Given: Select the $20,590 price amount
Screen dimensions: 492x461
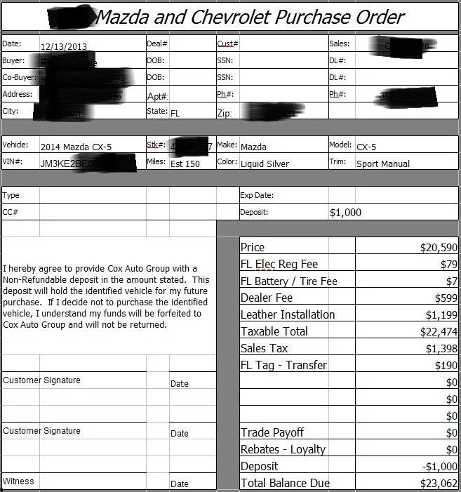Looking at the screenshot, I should pyautogui.click(x=439, y=248).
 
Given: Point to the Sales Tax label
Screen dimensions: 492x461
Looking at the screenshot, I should pyautogui.click(x=265, y=349).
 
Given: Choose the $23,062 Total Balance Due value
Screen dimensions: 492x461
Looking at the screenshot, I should pyautogui.click(x=439, y=484).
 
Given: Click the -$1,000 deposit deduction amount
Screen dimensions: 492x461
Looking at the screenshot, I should pyautogui.click(x=439, y=467).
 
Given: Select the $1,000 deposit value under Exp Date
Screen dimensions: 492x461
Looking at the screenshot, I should pyautogui.click(x=345, y=213).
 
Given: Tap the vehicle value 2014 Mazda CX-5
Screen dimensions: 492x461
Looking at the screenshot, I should pyautogui.click(x=76, y=147).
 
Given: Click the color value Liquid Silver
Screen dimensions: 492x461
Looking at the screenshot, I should pyautogui.click(x=265, y=164).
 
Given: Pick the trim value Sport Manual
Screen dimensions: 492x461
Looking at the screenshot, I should pyautogui.click(x=383, y=164).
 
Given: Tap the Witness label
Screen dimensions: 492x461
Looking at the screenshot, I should pyautogui.click(x=18, y=481).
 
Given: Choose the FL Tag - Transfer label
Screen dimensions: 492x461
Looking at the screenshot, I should pyautogui.click(x=283, y=366).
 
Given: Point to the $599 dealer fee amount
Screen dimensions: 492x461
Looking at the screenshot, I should pyautogui.click(x=444, y=298).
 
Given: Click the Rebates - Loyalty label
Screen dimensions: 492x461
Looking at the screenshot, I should pyautogui.click(x=283, y=450).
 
